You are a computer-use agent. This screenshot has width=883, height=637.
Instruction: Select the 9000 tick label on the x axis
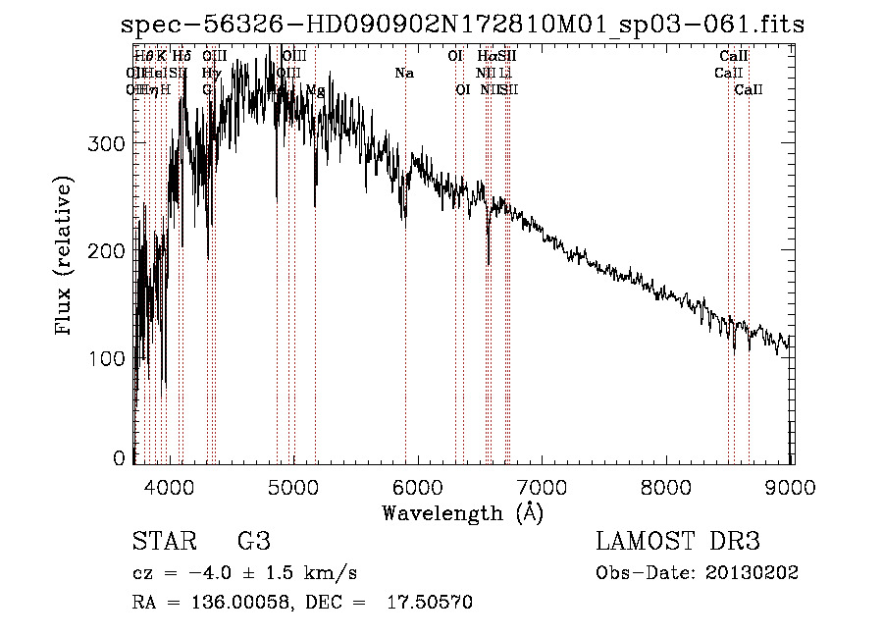792,487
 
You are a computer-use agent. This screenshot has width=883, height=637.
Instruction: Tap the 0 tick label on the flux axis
120,458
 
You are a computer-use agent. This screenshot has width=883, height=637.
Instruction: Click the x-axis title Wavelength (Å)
462,512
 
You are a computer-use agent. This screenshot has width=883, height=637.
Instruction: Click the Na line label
404,74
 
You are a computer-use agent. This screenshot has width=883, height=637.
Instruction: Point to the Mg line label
315,90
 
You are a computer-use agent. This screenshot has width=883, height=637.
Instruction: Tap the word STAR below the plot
163,542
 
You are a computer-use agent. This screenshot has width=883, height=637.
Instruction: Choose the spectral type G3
253,542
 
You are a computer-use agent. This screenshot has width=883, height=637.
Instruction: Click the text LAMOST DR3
678,542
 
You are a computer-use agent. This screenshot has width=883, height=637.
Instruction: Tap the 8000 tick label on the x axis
667,487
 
